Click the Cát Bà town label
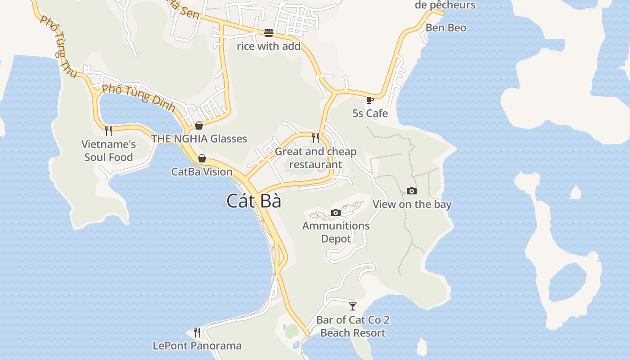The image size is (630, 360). (x=254, y=201)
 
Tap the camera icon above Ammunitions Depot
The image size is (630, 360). (x=336, y=212)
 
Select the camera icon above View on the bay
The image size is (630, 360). (x=412, y=191)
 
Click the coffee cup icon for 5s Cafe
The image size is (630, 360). (x=370, y=100)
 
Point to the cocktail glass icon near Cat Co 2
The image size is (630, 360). (x=353, y=306)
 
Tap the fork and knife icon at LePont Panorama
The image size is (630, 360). (x=197, y=333)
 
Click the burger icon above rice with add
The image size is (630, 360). (x=269, y=33)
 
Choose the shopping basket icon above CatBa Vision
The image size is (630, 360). (x=202, y=158)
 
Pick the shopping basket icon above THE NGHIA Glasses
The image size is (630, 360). (x=199, y=126)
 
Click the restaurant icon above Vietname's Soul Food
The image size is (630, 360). (x=108, y=131)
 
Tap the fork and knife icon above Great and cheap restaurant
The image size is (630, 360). (x=315, y=138)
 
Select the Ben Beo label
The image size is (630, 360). (x=446, y=28)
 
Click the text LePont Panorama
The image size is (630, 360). (x=197, y=346)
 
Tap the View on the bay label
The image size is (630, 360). (x=412, y=204)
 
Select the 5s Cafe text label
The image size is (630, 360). (x=370, y=113)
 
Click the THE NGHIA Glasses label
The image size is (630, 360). (x=199, y=139)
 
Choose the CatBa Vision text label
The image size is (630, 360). (x=202, y=171)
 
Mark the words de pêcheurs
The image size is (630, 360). (x=445, y=5)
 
